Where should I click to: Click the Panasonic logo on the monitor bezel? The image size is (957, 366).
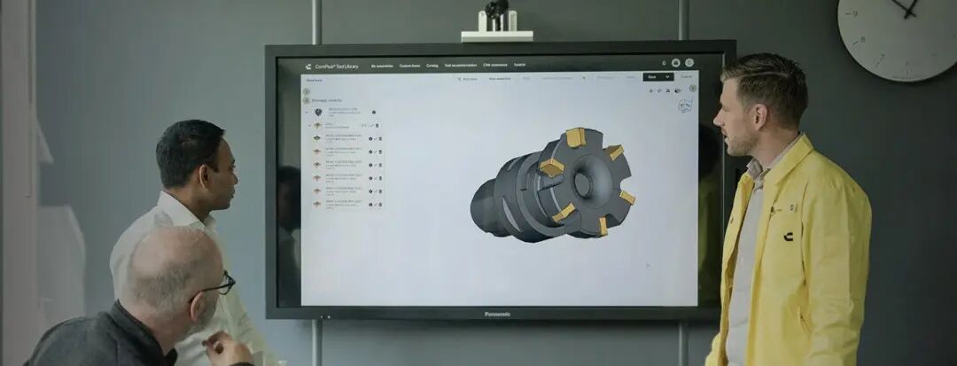click(498, 314)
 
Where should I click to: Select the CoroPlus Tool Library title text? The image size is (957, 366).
click(336, 66)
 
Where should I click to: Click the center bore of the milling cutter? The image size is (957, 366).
click(582, 183)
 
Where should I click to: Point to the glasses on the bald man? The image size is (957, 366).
click(218, 285)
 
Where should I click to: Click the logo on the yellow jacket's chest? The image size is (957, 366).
click(788, 236)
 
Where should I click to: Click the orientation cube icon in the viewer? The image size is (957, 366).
click(684, 105)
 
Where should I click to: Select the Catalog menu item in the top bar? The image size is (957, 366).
click(432, 66)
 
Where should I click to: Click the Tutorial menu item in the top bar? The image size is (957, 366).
click(519, 66)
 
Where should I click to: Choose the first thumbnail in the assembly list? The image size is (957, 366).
click(318, 113)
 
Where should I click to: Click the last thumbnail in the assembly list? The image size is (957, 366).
click(316, 203)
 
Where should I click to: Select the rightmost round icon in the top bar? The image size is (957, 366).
click(689, 63)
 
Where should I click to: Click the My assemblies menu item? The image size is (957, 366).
click(382, 66)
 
